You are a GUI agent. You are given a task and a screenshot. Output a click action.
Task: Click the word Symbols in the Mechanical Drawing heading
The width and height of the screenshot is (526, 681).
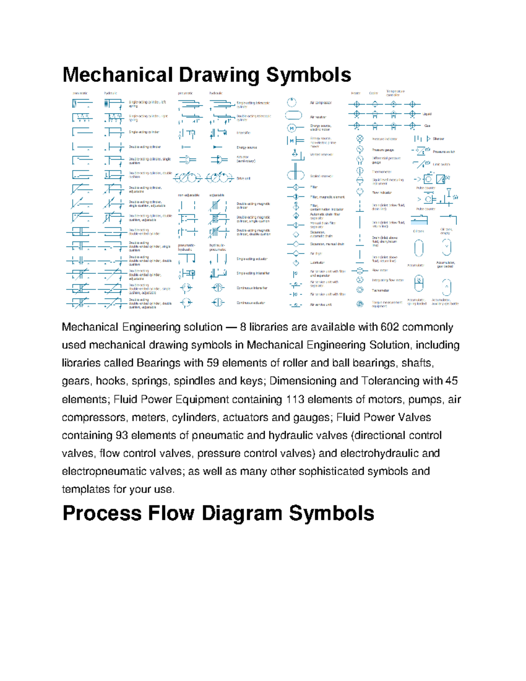pyautogui.click(x=308, y=75)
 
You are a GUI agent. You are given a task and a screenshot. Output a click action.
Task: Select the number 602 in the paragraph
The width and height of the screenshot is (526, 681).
pyautogui.click(x=390, y=327)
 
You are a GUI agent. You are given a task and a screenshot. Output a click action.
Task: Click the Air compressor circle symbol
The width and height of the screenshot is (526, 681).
pyautogui.click(x=291, y=103)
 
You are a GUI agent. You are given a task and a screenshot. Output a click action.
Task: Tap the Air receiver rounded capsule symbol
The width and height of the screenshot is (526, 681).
pyautogui.click(x=293, y=115)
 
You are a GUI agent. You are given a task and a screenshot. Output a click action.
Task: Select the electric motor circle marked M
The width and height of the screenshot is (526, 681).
pyautogui.click(x=291, y=128)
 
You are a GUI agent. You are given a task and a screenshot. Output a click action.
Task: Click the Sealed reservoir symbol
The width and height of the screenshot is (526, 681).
pyautogui.click(x=295, y=175)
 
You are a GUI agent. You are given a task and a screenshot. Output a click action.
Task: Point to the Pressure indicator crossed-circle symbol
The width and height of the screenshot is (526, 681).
pyautogui.click(x=360, y=139)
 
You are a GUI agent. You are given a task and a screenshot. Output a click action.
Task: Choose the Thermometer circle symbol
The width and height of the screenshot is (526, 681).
pyautogui.click(x=360, y=171)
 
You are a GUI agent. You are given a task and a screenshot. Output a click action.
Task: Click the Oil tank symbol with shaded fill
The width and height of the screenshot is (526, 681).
pyautogui.click(x=419, y=220)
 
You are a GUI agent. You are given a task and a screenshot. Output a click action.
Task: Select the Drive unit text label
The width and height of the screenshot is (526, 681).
pyautogui.click(x=243, y=178)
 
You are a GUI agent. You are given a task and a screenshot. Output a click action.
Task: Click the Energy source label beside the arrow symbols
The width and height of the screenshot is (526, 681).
pyautogui.click(x=246, y=147)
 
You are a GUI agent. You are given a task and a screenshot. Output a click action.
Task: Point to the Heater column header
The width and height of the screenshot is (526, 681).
pyautogui.click(x=355, y=93)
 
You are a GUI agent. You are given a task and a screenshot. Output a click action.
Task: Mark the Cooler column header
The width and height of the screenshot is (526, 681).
pyautogui.click(x=373, y=93)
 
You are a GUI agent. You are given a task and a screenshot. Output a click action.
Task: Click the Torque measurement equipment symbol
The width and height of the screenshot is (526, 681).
pyautogui.click(x=360, y=304)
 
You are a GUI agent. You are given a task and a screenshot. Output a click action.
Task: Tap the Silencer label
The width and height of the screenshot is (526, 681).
pyautogui.click(x=438, y=139)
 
